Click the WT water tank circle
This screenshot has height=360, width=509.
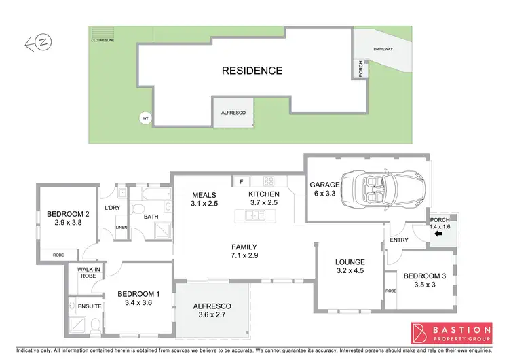tap(144, 118)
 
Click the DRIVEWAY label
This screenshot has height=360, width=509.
tap(383, 50)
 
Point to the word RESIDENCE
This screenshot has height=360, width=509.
tap(252, 70)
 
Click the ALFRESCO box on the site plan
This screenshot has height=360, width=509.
tap(233, 112)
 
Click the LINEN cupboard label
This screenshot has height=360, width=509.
tap(122, 228)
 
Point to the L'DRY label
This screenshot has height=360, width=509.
tap(113, 208)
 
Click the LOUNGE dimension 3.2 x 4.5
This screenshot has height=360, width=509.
tap(350, 271)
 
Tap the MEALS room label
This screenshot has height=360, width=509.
tap(204, 194)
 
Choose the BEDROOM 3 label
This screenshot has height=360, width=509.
tap(425, 276)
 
